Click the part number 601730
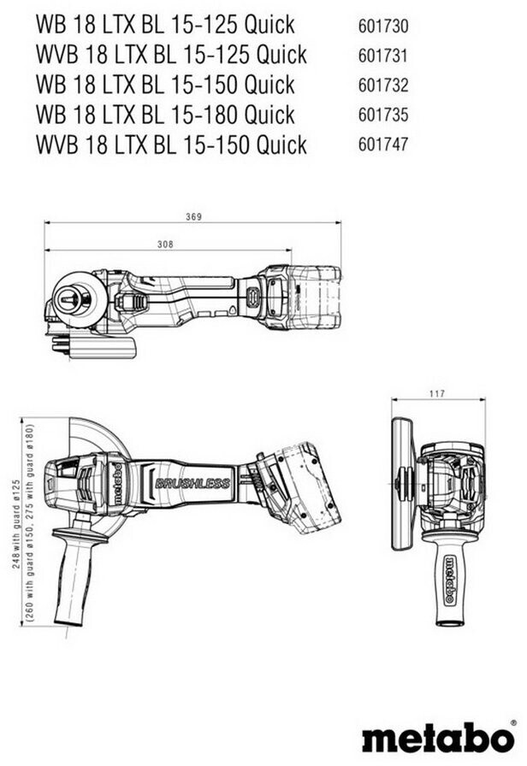point(383,25)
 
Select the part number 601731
point(383,55)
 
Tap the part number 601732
point(383,85)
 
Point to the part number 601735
point(383,115)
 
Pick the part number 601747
point(383,144)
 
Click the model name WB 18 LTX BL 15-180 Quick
point(165,115)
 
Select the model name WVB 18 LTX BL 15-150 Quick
point(171,144)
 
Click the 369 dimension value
point(193,217)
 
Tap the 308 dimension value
point(166,245)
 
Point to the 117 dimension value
point(436,394)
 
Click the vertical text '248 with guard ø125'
point(16,507)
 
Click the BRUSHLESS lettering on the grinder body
point(192,483)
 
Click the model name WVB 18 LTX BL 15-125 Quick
point(171,55)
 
